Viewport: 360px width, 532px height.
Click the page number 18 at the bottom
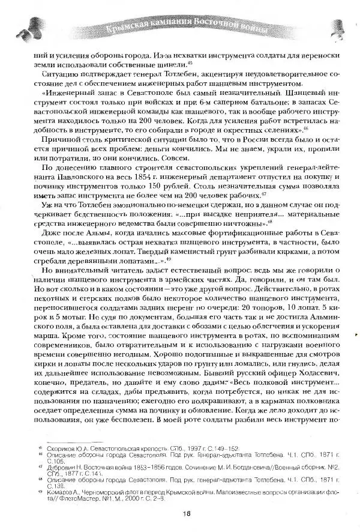pos(187,512)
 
